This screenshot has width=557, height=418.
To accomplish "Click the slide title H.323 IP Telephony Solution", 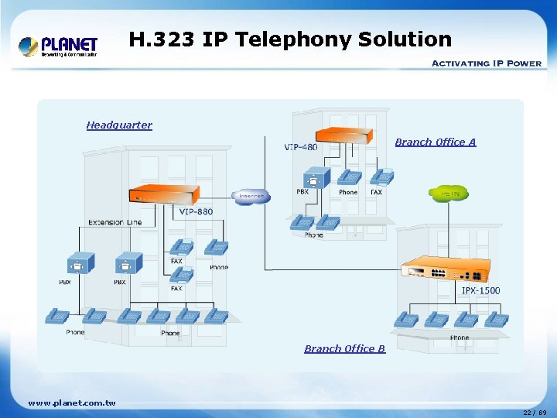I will point(289,39).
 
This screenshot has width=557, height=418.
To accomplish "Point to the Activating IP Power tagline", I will point(485,63).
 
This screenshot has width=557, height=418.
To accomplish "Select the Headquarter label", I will point(119,125).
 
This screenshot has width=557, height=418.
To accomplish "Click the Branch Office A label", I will point(436,142).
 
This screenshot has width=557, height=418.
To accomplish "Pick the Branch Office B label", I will point(344,348).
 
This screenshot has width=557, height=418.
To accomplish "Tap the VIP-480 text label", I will point(301,147).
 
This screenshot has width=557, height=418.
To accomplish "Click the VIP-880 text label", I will point(196,211).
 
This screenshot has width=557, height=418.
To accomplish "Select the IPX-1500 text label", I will point(480,290).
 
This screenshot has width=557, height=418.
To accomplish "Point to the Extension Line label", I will point(115,222).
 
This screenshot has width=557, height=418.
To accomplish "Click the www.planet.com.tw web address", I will point(71,403).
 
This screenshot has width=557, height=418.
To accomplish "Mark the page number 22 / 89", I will point(534,412).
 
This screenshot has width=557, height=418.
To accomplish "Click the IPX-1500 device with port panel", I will point(446,270).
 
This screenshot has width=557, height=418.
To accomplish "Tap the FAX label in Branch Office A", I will point(376,192).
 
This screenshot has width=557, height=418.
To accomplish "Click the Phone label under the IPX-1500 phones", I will point(460,337).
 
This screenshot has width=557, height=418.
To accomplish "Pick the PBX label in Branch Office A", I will point(302,192).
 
